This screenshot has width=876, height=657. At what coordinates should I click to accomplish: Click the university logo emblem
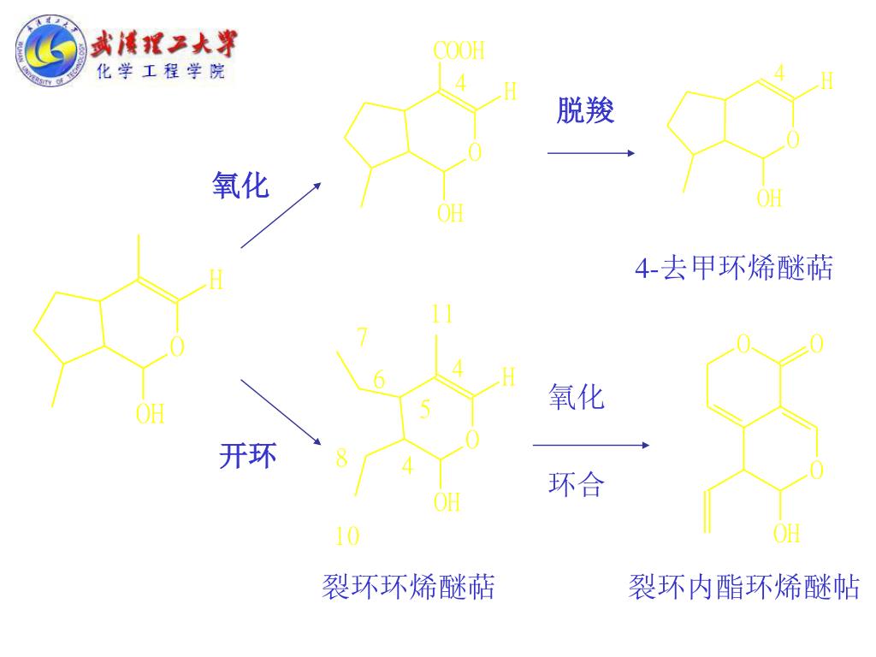50,53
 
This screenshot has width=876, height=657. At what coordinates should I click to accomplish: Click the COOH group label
459,51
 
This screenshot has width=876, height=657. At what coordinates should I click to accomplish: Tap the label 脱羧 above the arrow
586,111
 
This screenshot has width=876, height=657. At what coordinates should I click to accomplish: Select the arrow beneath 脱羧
590,153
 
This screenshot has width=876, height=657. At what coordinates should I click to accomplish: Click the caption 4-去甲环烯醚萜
733,269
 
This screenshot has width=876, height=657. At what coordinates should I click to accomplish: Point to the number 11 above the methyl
441,314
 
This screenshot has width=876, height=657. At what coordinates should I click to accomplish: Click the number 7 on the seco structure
363,337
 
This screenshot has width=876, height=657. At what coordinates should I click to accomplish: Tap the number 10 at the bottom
347,537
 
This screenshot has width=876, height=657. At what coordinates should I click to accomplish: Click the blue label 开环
248,457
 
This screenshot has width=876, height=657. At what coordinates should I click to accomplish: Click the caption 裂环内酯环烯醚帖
743,589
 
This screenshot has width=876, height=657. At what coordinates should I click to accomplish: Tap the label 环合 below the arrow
576,486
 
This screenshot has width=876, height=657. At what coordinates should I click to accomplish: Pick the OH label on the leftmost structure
150,415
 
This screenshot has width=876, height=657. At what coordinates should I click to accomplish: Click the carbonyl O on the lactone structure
816,344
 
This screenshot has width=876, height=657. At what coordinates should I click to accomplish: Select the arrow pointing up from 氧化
281,215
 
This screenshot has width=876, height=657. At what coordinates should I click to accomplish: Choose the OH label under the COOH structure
451,213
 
